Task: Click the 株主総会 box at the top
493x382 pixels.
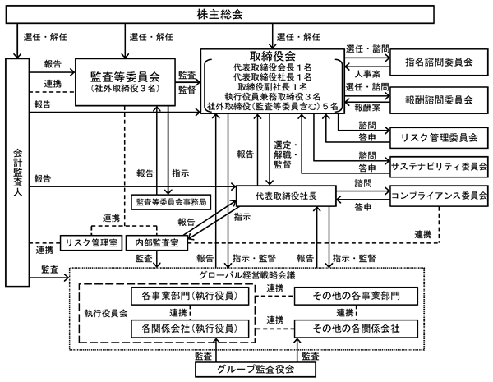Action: pyautogui.click(x=219, y=15)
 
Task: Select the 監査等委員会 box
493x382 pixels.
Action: pyautogui.click(x=125, y=82)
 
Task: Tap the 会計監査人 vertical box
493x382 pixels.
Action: pyautogui.click(x=17, y=173)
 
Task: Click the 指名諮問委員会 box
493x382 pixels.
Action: pyautogui.click(x=439, y=62)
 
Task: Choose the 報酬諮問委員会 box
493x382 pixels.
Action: pyautogui.click(x=439, y=100)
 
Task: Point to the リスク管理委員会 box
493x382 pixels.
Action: pyautogui.click(x=439, y=138)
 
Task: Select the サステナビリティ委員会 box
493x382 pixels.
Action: pyautogui.click(x=439, y=167)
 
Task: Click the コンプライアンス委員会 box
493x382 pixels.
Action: pyautogui.click(x=439, y=196)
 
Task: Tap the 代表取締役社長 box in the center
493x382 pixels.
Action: pyautogui.click(x=286, y=196)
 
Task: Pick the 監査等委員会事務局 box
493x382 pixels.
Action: pyautogui.click(x=171, y=202)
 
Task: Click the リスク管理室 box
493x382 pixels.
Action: pyautogui.click(x=91, y=242)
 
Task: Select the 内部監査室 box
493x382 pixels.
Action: pyautogui.click(x=157, y=242)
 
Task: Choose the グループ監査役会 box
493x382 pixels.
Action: pyautogui.click(x=256, y=370)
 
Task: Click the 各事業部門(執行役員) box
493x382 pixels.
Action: pyautogui.click(x=190, y=296)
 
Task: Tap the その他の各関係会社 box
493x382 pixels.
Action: pyautogui.click(x=357, y=329)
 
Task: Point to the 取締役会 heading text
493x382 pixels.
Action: pyautogui.click(x=273, y=57)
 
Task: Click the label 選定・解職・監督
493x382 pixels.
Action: pyautogui.click(x=285, y=154)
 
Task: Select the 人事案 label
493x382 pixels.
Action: pyautogui.click(x=367, y=74)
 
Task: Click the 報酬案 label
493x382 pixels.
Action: pyautogui.click(x=367, y=108)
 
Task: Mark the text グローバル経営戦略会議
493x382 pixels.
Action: pyautogui.click(x=247, y=275)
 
